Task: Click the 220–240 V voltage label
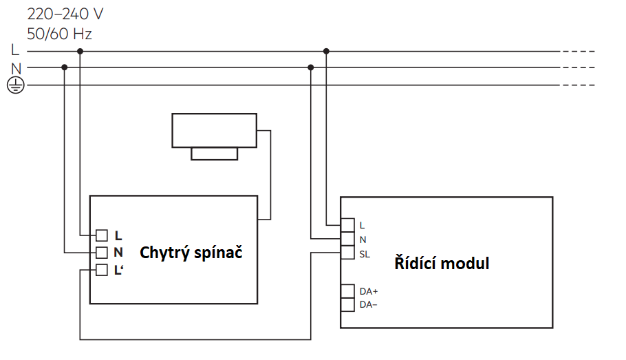pyautogui.click(x=65, y=14)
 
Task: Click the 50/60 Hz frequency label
pyautogui.click(x=59, y=33)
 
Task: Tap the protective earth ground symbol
pyautogui.click(x=15, y=85)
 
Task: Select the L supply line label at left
pyautogui.click(x=15, y=50)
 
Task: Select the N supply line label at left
pyautogui.click(x=16, y=67)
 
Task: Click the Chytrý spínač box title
pyautogui.click(x=191, y=253)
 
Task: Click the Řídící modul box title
pyautogui.click(x=442, y=263)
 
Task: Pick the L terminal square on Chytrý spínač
pyautogui.click(x=102, y=235)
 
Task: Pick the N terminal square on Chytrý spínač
pyautogui.click(x=102, y=253)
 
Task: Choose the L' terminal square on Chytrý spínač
pyautogui.click(x=102, y=270)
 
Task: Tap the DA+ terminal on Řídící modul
pyautogui.click(x=348, y=290)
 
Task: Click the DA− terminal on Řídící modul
pyautogui.click(x=348, y=304)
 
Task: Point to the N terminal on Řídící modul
pyautogui.click(x=348, y=240)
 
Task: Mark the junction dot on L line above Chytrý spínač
pyautogui.click(x=80, y=51)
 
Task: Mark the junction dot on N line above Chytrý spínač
pyautogui.click(x=65, y=67)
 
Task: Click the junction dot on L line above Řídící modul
pyautogui.click(x=327, y=51)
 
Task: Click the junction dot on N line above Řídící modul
pyautogui.click(x=311, y=67)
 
